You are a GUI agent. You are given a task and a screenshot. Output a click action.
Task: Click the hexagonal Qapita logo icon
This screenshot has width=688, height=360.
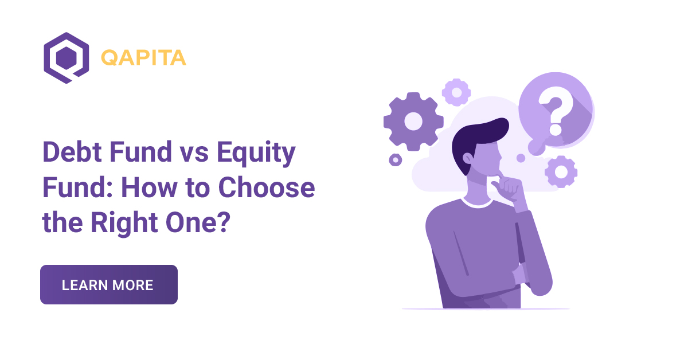pos(66,58)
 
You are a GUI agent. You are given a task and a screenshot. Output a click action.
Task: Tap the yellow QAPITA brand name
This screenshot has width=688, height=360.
pos(143,57)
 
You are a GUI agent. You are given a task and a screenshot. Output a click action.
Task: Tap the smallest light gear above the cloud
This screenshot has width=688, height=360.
pos(456,92)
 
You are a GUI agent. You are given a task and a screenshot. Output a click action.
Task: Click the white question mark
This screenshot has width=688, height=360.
pos(553,114)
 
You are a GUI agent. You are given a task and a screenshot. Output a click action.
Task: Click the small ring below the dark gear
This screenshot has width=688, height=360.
pos(395,159)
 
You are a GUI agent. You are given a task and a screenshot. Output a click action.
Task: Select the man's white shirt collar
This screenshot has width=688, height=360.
pos(476,200)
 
